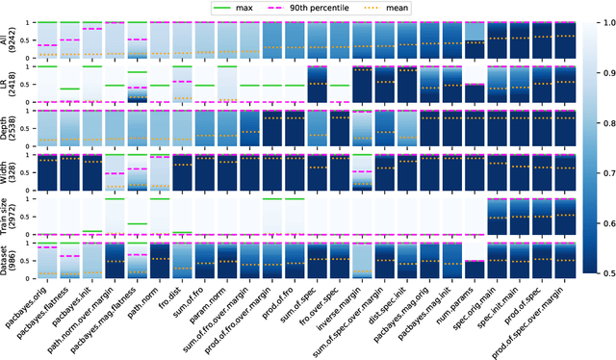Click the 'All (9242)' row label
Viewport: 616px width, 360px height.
(x=12, y=42)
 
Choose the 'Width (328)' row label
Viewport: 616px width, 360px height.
(x=12, y=176)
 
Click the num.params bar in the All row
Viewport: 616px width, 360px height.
(x=475, y=44)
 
